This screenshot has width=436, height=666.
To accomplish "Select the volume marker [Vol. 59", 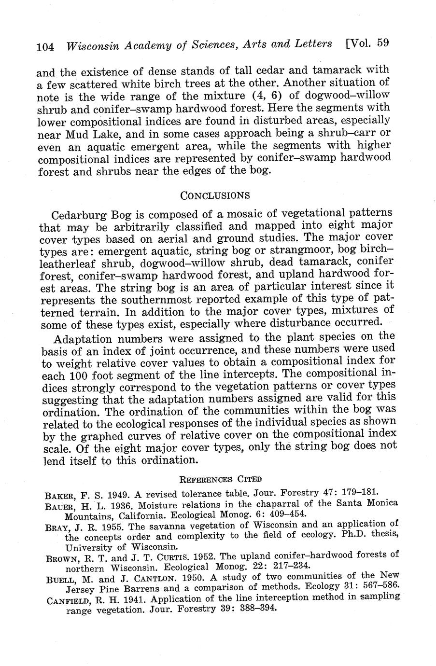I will [367, 43].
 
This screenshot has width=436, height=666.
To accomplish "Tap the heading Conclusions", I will [215, 195].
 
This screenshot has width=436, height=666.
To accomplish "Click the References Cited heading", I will [220, 479].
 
